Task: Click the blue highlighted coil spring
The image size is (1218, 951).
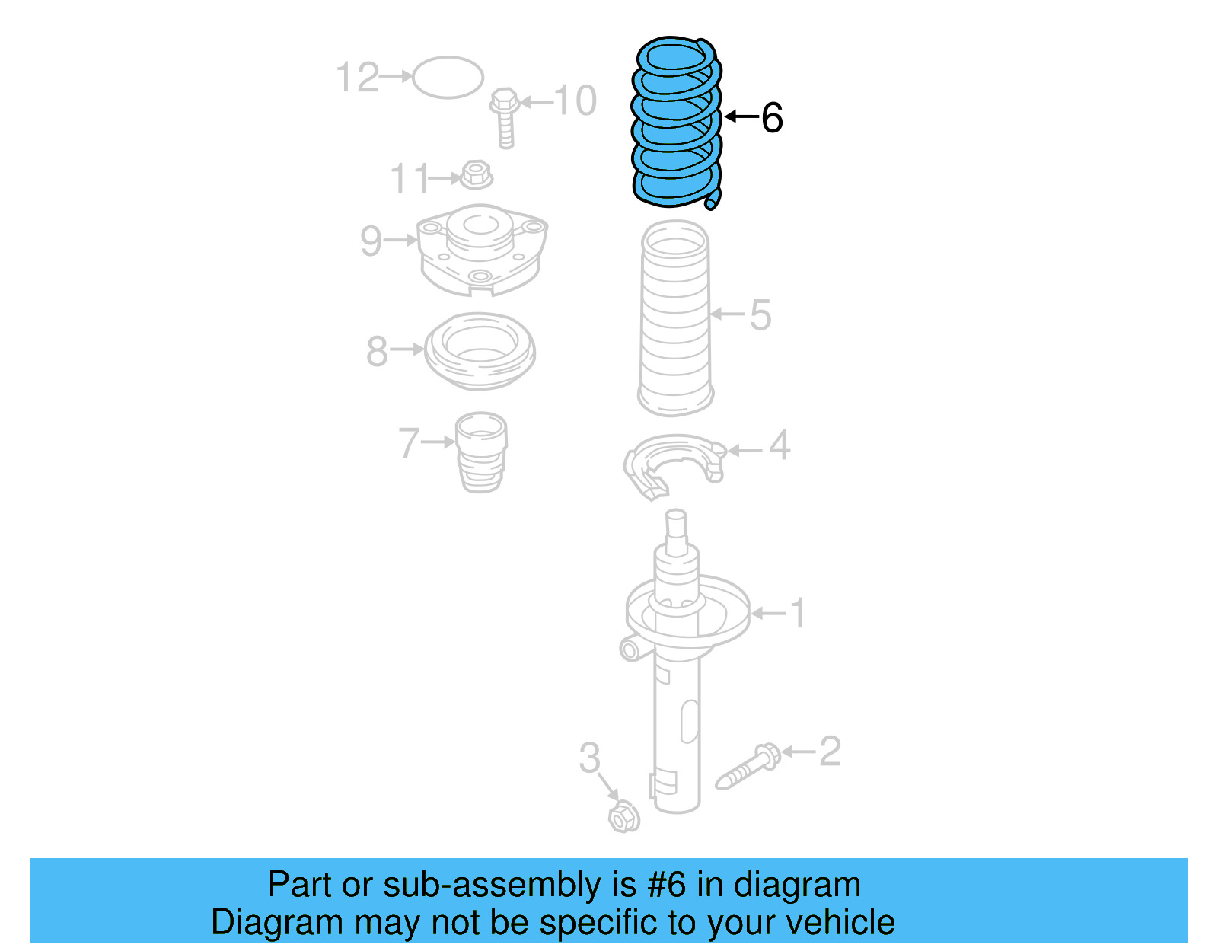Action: coord(676,122)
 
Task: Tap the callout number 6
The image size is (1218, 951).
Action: coord(771,118)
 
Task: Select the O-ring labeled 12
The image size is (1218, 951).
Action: coord(448,77)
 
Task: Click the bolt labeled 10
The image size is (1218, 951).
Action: coord(505,118)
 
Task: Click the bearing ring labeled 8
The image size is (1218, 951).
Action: coord(480,351)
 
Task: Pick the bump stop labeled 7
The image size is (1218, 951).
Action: coord(481,452)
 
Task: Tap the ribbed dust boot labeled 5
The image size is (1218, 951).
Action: coord(675,318)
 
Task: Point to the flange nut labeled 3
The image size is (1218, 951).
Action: coord(623,817)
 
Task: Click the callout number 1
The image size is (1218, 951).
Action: coord(797,613)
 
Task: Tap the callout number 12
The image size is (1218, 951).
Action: coord(357,78)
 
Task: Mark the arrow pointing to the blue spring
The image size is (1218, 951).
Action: coord(741,116)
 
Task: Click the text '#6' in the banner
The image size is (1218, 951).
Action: coord(666,886)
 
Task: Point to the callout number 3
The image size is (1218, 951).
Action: coord(589,758)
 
